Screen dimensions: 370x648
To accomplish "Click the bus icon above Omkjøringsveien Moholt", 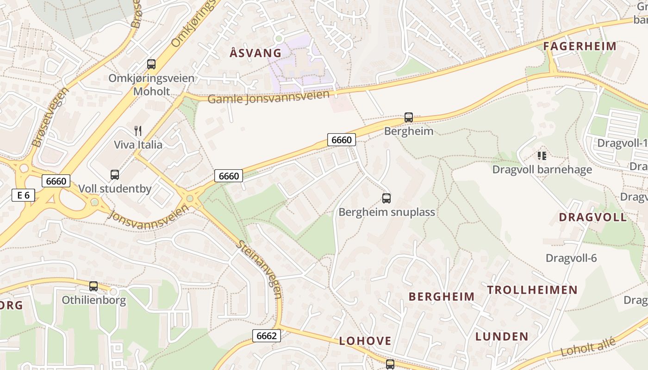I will [151, 64].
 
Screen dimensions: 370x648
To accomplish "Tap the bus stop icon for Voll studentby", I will [115, 175].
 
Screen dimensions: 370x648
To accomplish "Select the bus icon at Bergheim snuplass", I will [386, 198].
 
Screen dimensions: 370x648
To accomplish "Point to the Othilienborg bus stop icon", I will [93, 286].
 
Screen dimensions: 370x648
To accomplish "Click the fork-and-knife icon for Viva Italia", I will [138, 131].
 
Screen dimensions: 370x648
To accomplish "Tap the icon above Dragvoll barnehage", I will [542, 156].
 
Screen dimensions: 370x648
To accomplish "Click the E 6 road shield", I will [23, 195].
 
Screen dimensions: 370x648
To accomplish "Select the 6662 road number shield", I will [267, 336].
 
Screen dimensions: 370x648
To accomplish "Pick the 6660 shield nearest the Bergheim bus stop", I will [342, 140].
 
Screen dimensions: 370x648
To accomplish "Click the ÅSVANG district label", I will [255, 53].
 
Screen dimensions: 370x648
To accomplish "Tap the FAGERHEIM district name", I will [579, 46].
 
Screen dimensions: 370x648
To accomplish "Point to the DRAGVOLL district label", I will [592, 217].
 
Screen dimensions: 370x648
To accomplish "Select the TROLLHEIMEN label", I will [532, 290].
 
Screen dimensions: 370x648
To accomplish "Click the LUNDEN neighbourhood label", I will [502, 336].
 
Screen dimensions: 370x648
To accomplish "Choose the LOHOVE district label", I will [365, 341].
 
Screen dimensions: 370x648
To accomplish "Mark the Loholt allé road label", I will [588, 347].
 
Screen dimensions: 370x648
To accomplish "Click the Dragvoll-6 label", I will [571, 258].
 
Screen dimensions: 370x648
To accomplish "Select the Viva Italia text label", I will [138, 145].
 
